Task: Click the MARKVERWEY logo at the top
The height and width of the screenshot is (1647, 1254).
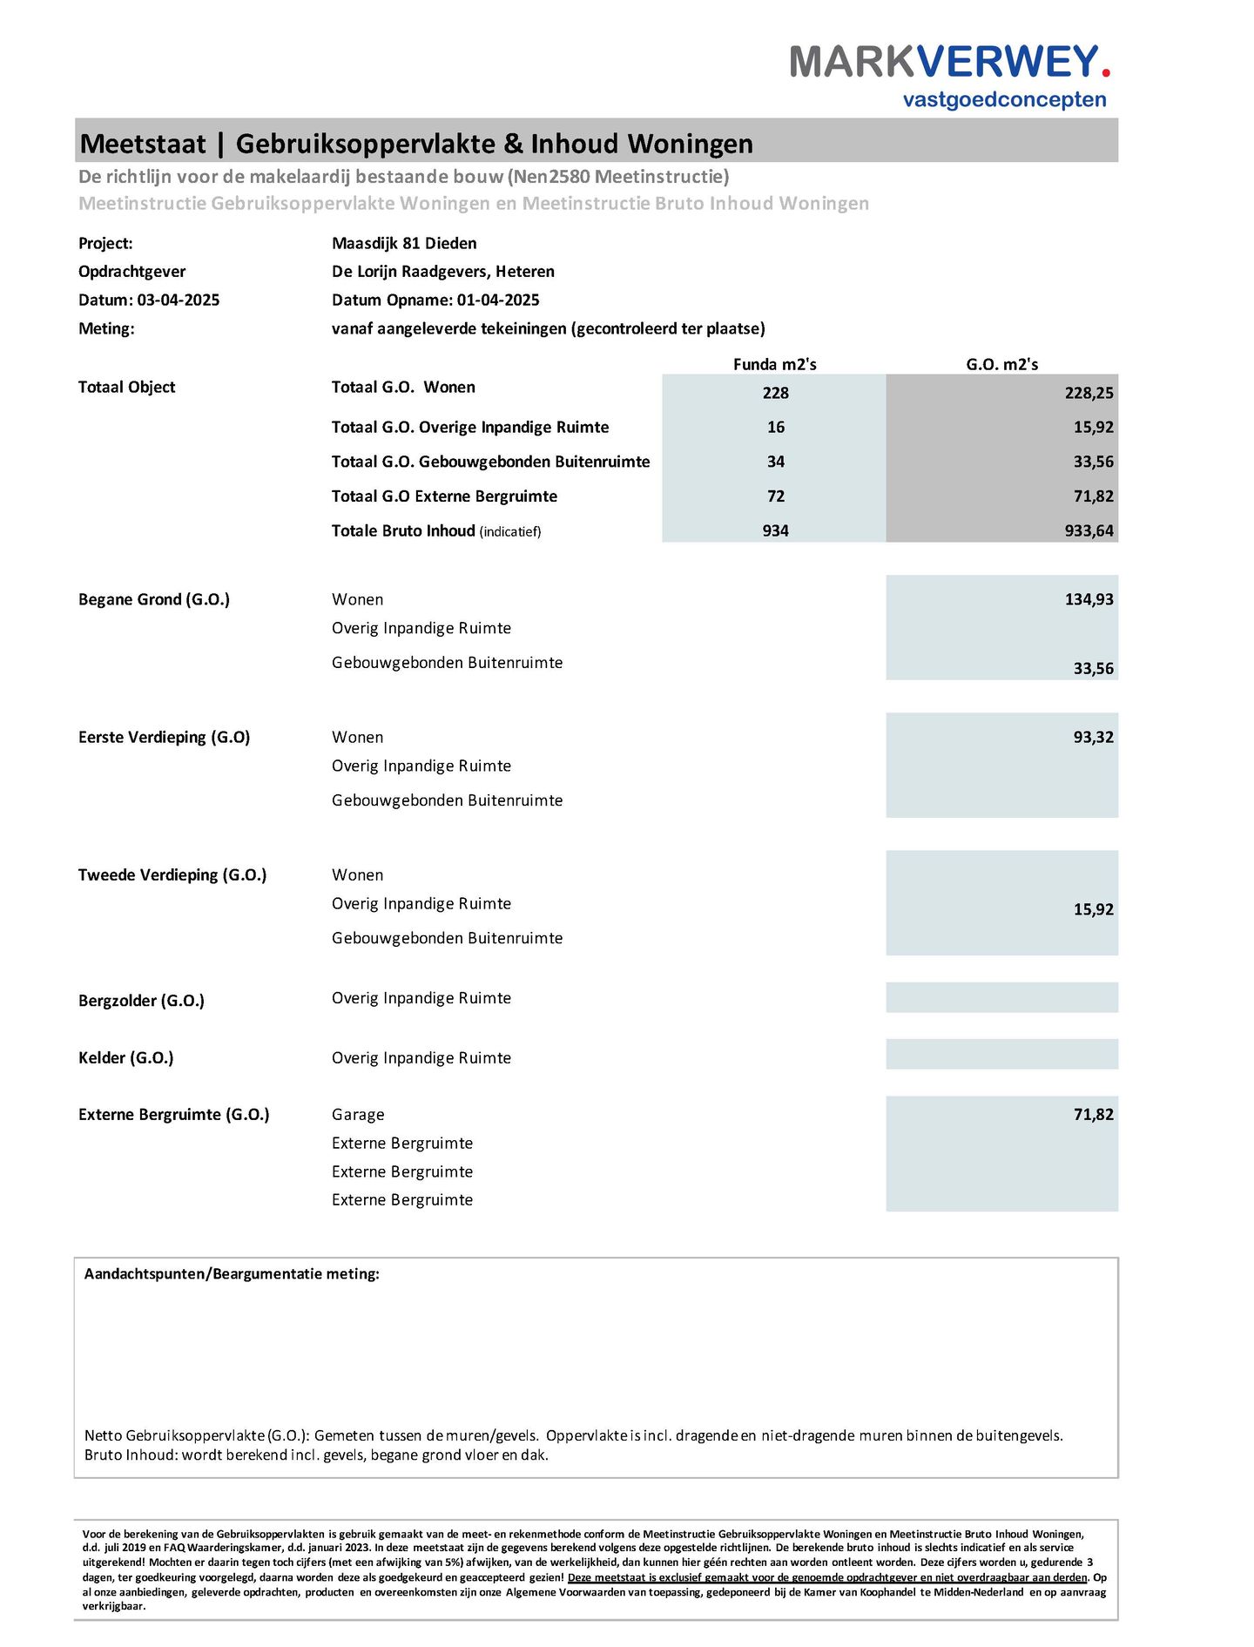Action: [949, 63]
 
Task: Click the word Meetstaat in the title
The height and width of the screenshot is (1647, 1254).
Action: [143, 144]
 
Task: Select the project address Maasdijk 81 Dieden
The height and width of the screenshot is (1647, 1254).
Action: [404, 243]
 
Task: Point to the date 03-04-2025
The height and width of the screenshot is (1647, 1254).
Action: [179, 300]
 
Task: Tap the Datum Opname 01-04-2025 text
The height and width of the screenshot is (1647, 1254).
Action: [435, 300]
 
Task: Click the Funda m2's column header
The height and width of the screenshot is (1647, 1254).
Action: [774, 364]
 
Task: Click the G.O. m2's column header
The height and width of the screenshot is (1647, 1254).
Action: [1001, 364]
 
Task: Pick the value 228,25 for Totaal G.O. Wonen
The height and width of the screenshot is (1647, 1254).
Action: [1089, 393]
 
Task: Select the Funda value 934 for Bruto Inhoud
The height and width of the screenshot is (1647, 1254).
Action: [775, 530]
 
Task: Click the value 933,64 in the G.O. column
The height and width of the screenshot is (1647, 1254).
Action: [1089, 530]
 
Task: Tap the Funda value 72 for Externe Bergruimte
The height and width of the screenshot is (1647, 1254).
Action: [775, 496]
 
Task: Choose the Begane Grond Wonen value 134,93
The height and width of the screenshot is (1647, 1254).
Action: [1089, 599]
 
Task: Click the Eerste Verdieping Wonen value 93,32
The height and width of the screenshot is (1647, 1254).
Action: [1093, 737]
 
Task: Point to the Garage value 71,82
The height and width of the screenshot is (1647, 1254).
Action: [1093, 1114]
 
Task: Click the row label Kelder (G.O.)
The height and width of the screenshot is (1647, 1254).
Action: [125, 1057]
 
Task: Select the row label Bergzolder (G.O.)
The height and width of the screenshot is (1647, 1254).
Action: [141, 1001]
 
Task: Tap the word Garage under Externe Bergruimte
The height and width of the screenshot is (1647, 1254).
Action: [358, 1114]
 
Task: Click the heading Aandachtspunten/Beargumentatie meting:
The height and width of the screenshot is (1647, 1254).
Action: [232, 1273]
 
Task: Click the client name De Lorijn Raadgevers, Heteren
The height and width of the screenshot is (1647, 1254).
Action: [442, 271]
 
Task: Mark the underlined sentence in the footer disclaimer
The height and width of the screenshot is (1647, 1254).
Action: [827, 1577]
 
